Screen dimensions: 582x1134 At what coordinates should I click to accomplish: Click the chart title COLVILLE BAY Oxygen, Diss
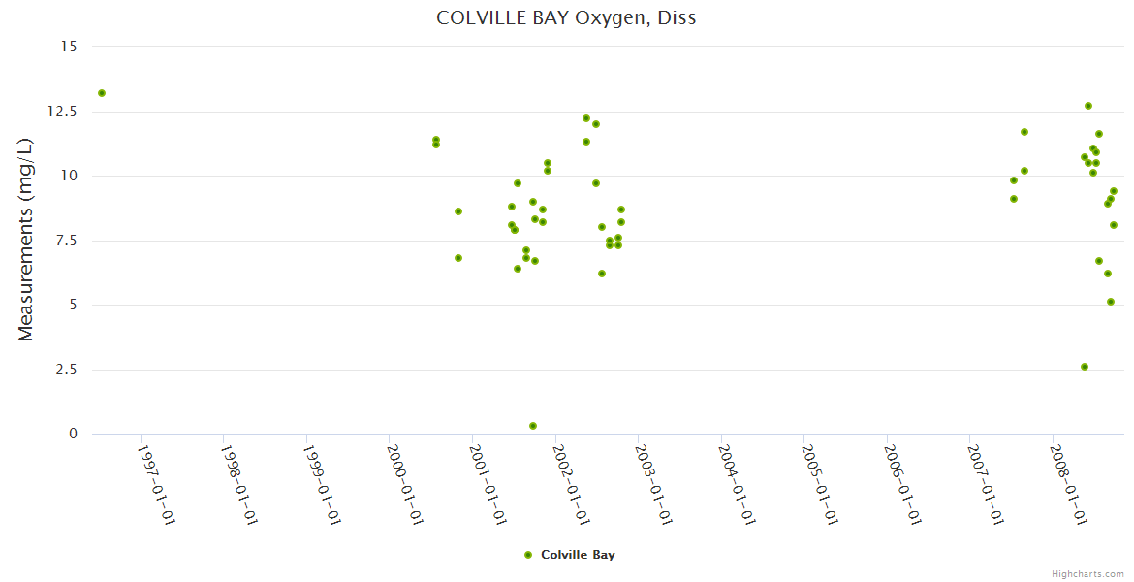point(566,17)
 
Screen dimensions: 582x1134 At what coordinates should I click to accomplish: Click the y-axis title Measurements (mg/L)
point(26,240)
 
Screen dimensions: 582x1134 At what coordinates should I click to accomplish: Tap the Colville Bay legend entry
point(570,555)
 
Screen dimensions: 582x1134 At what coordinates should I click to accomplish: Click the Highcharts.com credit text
point(1087,573)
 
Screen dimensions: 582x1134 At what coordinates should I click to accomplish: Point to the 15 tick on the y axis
point(70,47)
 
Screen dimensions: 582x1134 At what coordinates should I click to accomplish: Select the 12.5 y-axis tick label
point(64,112)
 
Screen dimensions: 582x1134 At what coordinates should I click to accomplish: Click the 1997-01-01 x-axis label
point(155,484)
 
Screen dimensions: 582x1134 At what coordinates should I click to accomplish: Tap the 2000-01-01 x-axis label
point(404,484)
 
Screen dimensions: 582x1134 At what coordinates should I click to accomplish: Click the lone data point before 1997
point(102,93)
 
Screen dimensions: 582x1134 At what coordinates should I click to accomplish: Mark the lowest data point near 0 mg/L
point(533,426)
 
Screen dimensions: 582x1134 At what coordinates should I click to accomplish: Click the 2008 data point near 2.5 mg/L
point(1085,367)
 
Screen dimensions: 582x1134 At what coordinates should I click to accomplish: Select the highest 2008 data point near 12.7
point(1088,106)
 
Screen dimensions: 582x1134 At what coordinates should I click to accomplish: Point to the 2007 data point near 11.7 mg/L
point(1024,132)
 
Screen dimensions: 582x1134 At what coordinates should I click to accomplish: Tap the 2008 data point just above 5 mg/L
point(1111,302)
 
